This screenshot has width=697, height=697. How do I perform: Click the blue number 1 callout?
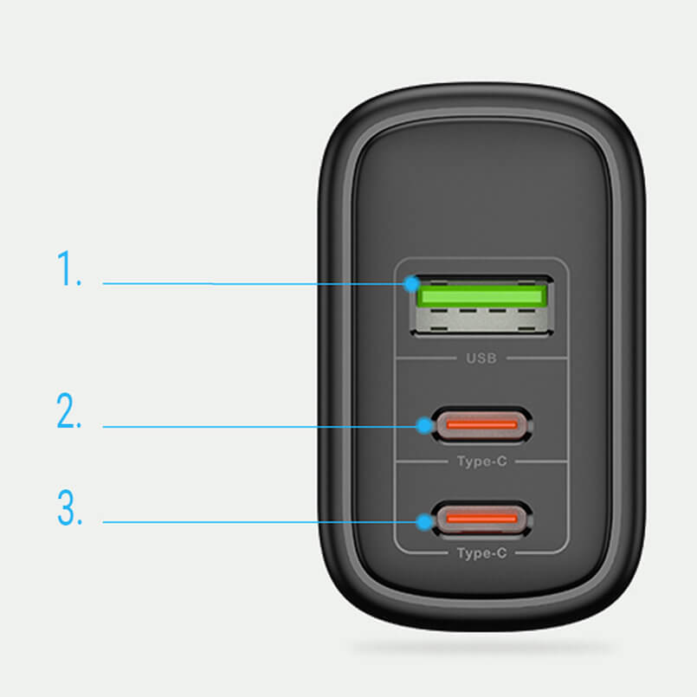tap(69, 268)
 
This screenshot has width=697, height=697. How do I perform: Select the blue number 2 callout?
tap(69, 410)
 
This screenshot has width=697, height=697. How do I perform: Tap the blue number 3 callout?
tap(70, 507)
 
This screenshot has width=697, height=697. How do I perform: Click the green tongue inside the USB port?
tap(482, 295)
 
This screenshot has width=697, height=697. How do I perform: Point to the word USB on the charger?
tap(481, 358)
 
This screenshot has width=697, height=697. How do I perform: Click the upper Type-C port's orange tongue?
tap(482, 425)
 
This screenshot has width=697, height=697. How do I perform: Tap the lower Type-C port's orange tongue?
tap(482, 519)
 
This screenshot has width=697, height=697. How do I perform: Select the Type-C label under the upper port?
tap(482, 461)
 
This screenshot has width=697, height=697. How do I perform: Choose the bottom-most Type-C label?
tap(482, 553)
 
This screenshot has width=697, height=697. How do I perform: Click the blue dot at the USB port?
tap(412, 284)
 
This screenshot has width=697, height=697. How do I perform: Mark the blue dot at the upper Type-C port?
tap(424, 426)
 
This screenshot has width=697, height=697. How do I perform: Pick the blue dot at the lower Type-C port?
tap(424, 522)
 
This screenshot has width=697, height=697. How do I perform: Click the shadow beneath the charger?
tap(482, 647)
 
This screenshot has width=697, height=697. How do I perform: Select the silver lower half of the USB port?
tap(482, 320)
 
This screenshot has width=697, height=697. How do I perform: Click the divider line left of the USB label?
tap(426, 358)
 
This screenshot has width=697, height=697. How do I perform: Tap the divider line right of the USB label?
tap(537, 358)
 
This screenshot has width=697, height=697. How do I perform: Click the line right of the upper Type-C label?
tap(541, 461)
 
